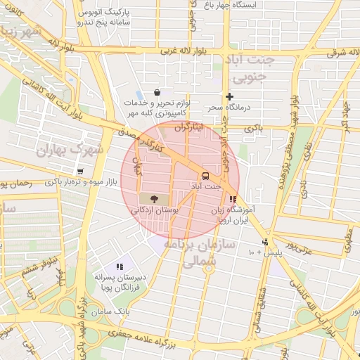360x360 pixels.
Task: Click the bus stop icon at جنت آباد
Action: pos(205,175)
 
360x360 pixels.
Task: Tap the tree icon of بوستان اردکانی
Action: pos(155,199)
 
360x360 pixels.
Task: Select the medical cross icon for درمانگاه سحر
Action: pos(229,96)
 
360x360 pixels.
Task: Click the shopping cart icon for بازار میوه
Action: pos(79,172)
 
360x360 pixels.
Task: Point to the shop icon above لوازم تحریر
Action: pos(156,92)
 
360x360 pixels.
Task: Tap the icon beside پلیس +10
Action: pos(264,243)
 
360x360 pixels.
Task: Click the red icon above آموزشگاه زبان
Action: pos(233,199)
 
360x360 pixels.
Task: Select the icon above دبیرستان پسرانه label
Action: pos(120,266)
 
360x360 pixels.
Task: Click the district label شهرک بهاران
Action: pos(70,150)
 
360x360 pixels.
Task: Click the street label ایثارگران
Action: pos(188,127)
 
